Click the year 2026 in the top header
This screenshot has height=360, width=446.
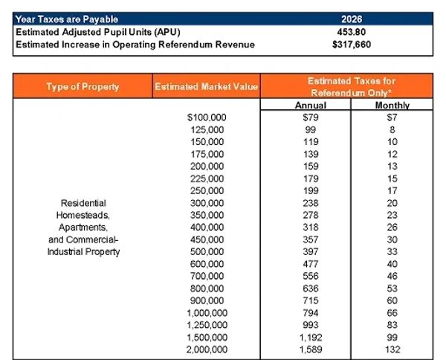pyautogui.click(x=353, y=19)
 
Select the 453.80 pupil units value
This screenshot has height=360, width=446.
pyautogui.click(x=353, y=32)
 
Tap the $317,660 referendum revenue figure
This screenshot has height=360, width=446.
pyautogui.click(x=353, y=45)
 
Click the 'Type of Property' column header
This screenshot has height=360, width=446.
pyautogui.click(x=83, y=86)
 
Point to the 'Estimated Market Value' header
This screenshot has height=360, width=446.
pyautogui.click(x=206, y=87)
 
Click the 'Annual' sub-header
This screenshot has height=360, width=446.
pyautogui.click(x=311, y=106)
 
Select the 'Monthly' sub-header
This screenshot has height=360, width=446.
pyautogui.click(x=392, y=106)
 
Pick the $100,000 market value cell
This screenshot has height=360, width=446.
pyautogui.click(x=207, y=118)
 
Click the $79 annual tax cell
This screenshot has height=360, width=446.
pyautogui.click(x=311, y=118)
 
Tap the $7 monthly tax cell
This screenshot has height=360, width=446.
pyautogui.click(x=392, y=118)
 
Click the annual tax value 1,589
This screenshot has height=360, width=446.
pyautogui.click(x=311, y=348)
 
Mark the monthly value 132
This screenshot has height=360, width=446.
pyautogui.click(x=392, y=348)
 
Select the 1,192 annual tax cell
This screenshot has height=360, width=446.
pyautogui.click(x=311, y=336)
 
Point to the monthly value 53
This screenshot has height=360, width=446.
pyautogui.click(x=392, y=288)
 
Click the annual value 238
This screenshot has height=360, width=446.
pyautogui.click(x=311, y=203)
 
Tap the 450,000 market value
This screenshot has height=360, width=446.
pyautogui.click(x=209, y=240)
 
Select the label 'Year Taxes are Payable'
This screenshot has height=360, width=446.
pyautogui.click(x=67, y=19)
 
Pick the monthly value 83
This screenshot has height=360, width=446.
pyautogui.click(x=392, y=324)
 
